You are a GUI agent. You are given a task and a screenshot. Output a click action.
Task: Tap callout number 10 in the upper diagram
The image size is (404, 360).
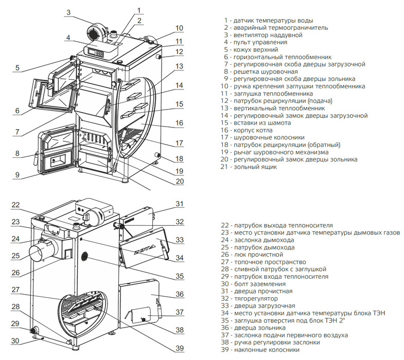(179, 28)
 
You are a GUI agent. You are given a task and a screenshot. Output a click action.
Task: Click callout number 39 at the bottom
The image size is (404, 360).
(179, 348)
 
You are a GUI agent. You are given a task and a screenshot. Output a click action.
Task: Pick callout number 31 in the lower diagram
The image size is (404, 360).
(179, 204)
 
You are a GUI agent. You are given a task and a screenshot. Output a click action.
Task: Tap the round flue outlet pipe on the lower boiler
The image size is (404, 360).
(39, 254)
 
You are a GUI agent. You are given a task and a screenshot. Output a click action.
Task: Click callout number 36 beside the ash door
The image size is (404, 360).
(179, 295)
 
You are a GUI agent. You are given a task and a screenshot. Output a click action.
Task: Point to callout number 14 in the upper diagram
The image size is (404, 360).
(179, 85)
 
